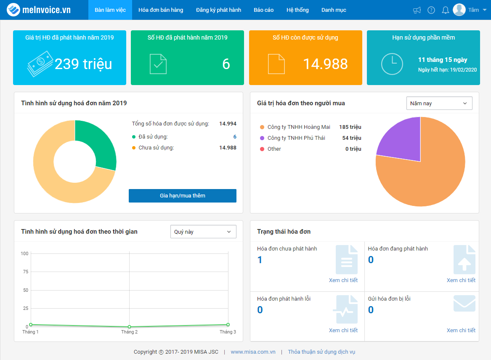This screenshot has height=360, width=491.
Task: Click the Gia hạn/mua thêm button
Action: click(x=182, y=196)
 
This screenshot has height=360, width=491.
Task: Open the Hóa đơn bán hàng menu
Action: click(x=161, y=10)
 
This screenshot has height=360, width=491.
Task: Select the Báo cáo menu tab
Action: click(x=263, y=10)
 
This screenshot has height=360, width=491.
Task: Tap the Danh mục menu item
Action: click(x=334, y=10)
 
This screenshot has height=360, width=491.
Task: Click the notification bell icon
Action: click(x=445, y=11)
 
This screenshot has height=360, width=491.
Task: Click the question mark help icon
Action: click(x=431, y=11)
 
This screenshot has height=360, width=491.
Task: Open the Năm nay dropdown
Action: click(x=439, y=104)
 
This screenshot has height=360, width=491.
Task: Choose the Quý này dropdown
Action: click(x=203, y=232)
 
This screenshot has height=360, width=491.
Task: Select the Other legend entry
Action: click(x=271, y=149)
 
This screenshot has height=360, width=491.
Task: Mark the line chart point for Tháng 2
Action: click(x=129, y=327)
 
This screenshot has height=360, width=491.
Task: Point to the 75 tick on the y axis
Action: click(x=26, y=272)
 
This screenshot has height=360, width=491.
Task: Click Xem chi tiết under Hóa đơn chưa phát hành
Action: click(x=343, y=280)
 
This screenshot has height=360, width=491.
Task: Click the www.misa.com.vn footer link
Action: click(x=253, y=352)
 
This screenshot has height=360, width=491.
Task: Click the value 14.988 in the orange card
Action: click(x=325, y=64)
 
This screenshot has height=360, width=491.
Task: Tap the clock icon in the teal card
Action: click(x=392, y=64)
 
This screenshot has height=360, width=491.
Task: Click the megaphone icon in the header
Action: click(x=417, y=11)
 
